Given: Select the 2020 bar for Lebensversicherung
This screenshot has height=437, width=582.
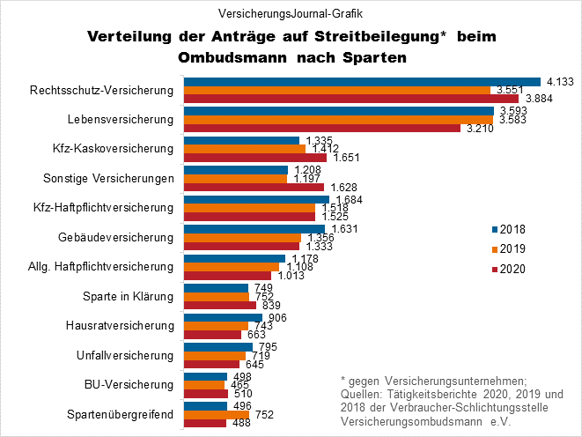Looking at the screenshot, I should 321,129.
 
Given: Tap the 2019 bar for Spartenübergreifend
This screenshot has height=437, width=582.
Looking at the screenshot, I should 216,414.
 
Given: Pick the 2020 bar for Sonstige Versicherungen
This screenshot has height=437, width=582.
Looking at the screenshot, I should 254,187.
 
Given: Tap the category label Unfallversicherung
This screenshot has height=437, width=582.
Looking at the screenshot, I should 126,355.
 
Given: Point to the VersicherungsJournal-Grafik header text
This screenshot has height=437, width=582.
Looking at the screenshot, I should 291,14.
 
